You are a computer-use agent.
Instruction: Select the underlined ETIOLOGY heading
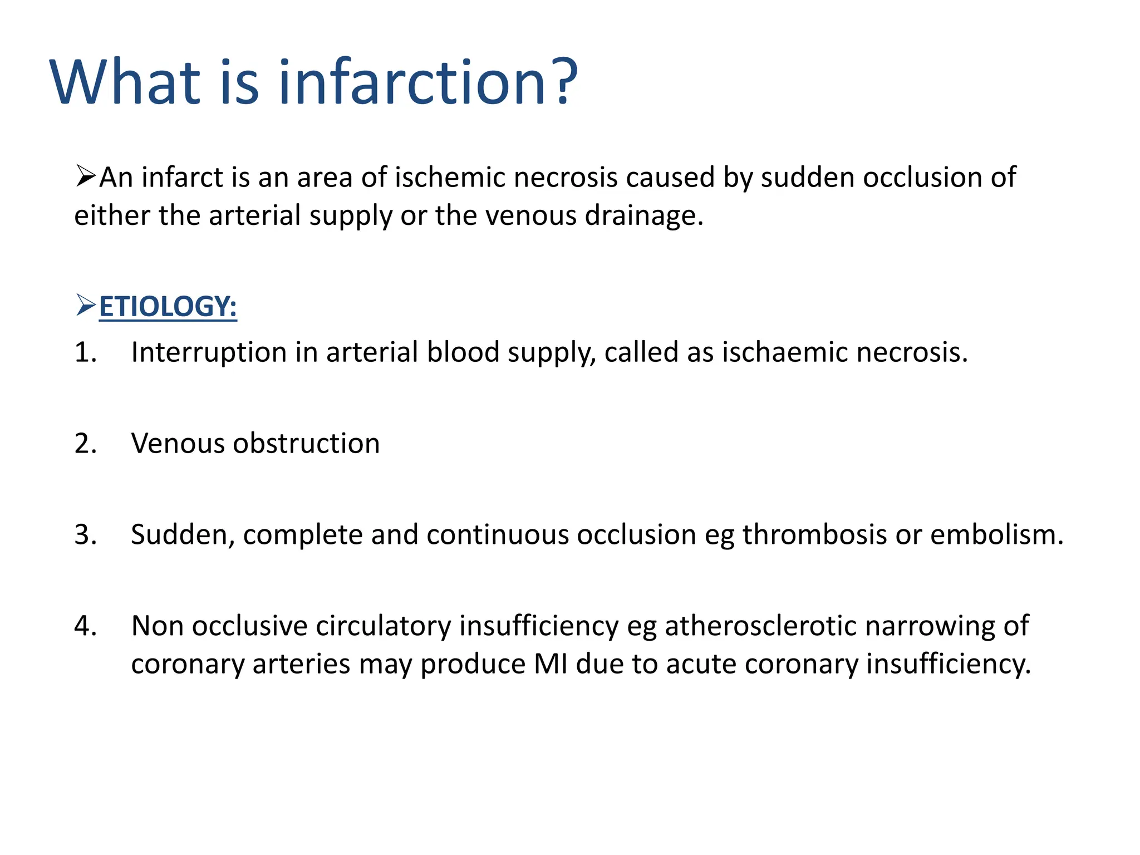click(168, 307)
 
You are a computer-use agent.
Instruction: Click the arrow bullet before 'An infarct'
click(86, 176)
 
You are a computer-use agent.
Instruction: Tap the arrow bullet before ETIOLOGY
click(86, 306)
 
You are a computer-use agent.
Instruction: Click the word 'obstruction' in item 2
click(306, 444)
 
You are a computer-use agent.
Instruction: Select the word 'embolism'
click(996, 535)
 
